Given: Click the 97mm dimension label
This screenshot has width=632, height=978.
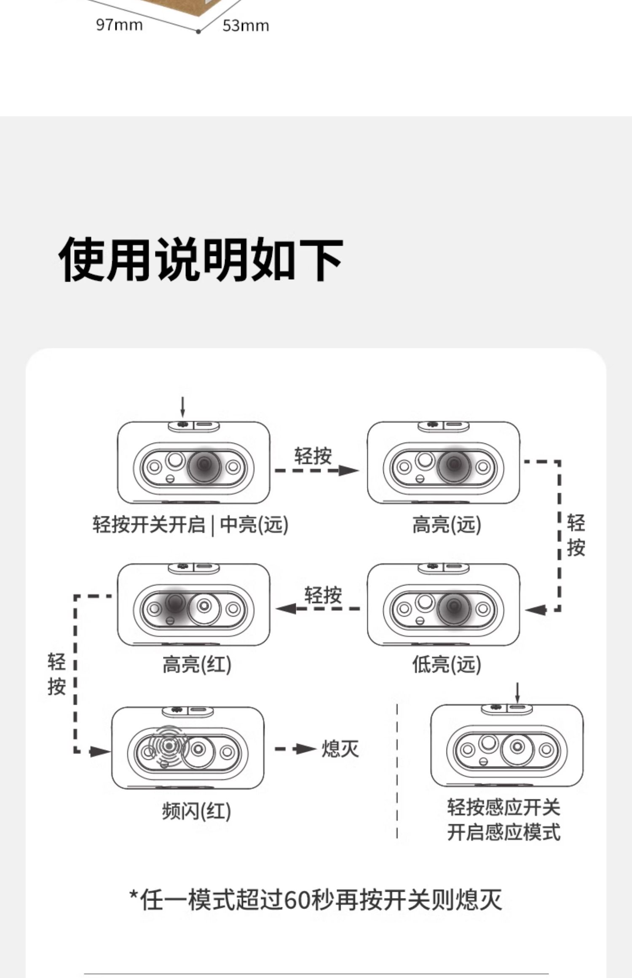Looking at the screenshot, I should coord(119,25).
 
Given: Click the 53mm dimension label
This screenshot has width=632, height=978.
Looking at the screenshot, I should coord(246,26).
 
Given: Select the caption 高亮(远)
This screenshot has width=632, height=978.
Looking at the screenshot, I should coord(447,525).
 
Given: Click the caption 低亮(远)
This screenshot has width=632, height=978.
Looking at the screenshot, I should coord(447,665).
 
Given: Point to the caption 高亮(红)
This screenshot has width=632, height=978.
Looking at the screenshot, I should coord(197,665).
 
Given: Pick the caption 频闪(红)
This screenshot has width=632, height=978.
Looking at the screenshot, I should coord(197,811).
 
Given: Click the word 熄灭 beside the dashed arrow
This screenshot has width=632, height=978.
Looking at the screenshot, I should coord(340,749).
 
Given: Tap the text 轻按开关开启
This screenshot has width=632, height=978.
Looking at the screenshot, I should coord(149,525).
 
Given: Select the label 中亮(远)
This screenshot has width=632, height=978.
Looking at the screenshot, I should coord(254,525).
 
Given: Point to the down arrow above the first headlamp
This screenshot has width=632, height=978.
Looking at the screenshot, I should coord(182,407).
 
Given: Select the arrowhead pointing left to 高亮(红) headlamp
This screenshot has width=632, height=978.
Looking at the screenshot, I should coord(286,609).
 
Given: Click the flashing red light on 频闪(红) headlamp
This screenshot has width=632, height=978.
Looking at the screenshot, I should coord(169,746).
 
